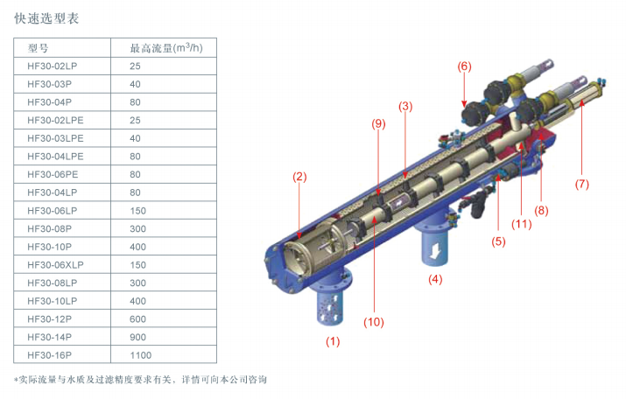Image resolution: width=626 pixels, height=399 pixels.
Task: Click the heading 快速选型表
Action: coord(46,18)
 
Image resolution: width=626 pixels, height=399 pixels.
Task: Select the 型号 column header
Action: coord(38,48)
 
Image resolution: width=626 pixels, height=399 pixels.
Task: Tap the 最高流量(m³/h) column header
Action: coord(166,48)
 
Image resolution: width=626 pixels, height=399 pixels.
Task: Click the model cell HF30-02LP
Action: coord(53,66)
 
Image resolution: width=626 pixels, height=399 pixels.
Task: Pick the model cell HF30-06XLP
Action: coord(55,265)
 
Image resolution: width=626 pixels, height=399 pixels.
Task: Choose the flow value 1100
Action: coord(141,355)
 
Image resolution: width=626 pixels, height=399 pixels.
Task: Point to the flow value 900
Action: coord(137,337)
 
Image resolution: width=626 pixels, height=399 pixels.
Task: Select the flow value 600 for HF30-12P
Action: coord(137,319)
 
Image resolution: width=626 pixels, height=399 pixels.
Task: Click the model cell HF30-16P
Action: coord(50,355)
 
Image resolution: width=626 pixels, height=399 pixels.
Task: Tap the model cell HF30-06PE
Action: coord(53,174)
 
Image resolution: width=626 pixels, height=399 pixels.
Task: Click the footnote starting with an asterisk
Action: coord(140,380)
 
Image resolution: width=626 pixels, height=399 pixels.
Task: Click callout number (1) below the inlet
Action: coord(333,341)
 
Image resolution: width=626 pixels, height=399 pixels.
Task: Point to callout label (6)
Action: coord(464,66)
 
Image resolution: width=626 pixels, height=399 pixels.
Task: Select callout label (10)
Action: coord(374,322)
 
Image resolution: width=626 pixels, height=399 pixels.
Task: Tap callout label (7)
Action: coord(581,184)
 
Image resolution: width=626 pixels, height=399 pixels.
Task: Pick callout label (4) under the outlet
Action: coord(435,279)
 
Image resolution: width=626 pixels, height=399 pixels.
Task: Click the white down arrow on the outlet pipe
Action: coord(435,250)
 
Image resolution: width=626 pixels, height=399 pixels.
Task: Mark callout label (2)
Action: coord(299,177)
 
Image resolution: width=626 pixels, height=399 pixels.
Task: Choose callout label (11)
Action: coord(522,224)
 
